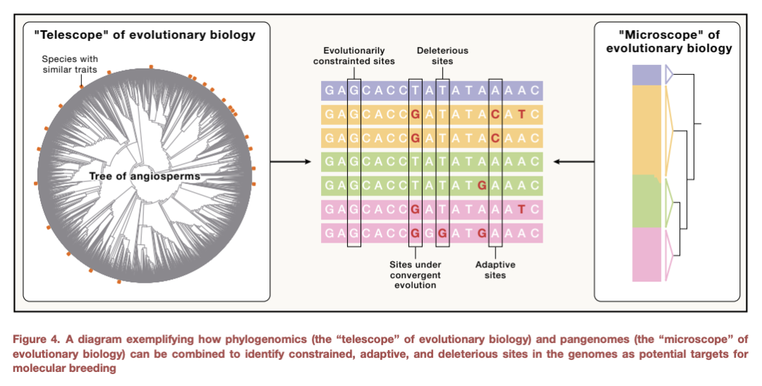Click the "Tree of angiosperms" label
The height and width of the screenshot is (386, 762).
coord(145,176)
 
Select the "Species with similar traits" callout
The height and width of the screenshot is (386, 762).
coord(69,64)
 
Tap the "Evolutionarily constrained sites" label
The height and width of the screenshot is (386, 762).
coord(353,56)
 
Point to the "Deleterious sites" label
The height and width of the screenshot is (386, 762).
coord(442,56)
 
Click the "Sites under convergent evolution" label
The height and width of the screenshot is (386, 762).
coord(415,275)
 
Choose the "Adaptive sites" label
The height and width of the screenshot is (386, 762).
coord(495,270)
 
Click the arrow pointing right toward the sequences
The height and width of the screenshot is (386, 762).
coord(290,162)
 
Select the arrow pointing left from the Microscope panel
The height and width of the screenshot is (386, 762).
coord(574,162)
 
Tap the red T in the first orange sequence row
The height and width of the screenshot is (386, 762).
coord(521,114)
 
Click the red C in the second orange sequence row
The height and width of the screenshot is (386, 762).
coord(495,138)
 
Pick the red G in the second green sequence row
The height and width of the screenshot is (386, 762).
coord(482,185)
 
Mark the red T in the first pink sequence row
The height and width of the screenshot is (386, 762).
coord(521,209)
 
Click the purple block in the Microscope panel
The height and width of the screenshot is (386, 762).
coord(647,75)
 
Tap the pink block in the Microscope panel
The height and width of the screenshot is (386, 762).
coord(647,254)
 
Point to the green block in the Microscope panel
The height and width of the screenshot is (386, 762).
coord(647,201)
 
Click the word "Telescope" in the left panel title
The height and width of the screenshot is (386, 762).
coord(73,35)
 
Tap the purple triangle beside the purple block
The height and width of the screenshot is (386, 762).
coord(669,75)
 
